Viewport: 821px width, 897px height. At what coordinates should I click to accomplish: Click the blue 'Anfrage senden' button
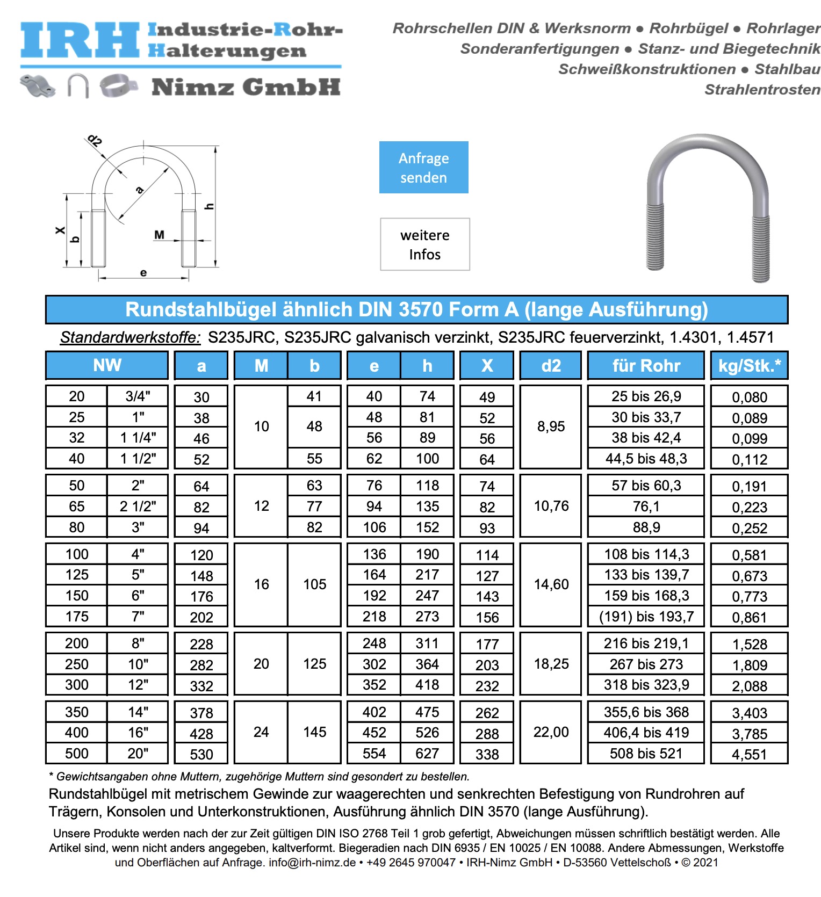click(x=423, y=168)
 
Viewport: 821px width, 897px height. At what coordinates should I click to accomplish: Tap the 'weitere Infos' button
click(x=424, y=244)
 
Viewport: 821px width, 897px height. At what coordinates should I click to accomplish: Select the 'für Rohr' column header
click(x=646, y=366)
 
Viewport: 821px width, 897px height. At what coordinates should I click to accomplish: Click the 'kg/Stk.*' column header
click(x=749, y=366)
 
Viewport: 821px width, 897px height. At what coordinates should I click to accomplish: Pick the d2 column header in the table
click(x=551, y=366)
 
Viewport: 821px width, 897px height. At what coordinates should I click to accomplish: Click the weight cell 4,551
click(x=749, y=754)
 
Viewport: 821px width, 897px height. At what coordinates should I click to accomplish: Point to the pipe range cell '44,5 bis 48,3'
click(x=646, y=459)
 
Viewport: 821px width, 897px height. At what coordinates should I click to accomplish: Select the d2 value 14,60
click(x=551, y=584)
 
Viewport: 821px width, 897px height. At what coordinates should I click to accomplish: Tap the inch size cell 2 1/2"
click(x=138, y=507)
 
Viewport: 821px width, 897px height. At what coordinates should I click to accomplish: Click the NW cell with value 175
click(x=77, y=617)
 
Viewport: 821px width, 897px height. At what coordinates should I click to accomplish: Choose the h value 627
click(x=427, y=754)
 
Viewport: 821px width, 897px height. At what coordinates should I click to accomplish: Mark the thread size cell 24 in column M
click(x=261, y=732)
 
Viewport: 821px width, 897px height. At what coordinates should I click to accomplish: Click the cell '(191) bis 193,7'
click(x=646, y=617)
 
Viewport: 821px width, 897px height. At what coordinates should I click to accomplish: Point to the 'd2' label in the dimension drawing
click(x=95, y=141)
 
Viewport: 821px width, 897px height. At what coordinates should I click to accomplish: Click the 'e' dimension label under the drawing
click(x=143, y=273)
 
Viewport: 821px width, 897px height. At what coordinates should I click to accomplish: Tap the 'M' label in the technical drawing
click(x=159, y=235)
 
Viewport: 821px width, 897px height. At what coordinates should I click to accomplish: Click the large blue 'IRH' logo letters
click(x=80, y=40)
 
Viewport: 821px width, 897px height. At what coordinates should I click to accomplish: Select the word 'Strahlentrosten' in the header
click(x=762, y=90)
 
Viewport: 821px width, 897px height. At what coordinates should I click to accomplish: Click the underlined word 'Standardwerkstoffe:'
click(x=130, y=337)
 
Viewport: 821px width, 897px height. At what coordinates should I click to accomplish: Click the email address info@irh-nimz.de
click(x=312, y=863)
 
